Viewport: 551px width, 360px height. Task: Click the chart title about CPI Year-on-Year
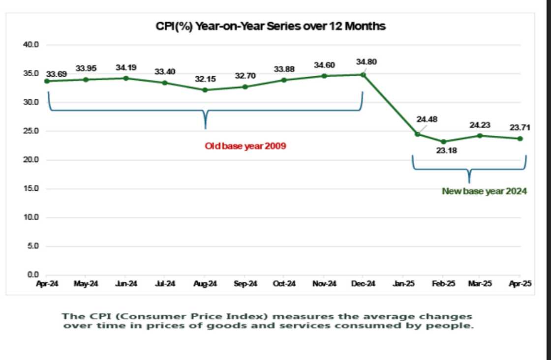pos(270,27)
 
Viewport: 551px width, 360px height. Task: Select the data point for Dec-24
pos(363,74)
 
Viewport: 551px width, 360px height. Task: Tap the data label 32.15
pos(205,79)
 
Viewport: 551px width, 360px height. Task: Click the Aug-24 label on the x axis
pos(205,284)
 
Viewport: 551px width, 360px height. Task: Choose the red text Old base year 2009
pos(245,146)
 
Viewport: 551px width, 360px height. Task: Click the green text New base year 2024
pos(484,191)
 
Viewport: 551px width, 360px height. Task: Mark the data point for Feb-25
pos(444,142)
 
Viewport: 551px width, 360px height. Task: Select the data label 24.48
pos(427,119)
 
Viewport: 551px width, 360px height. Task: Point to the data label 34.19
pos(126,67)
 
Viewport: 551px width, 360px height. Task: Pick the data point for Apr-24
pos(47,81)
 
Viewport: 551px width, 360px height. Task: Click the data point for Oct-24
pos(284,80)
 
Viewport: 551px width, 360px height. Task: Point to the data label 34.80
pos(366,62)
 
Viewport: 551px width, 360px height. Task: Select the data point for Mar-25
pos(480,135)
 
